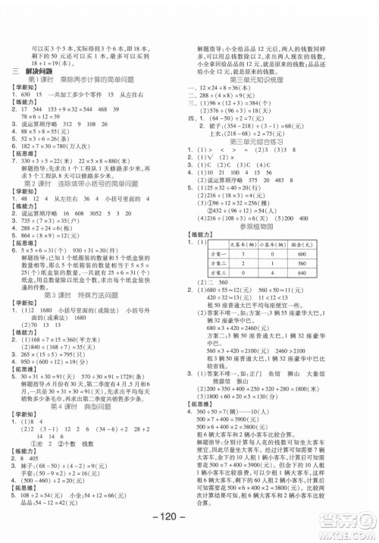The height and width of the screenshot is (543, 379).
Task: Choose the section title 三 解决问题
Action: coord(34,71)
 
